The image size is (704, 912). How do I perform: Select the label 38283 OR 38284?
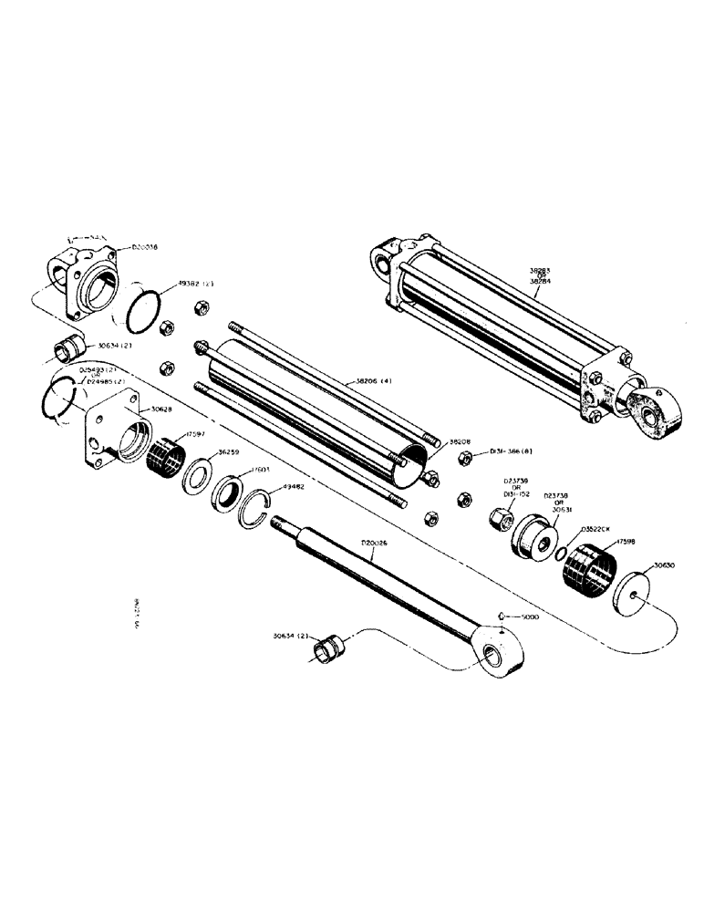[x=542, y=275]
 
